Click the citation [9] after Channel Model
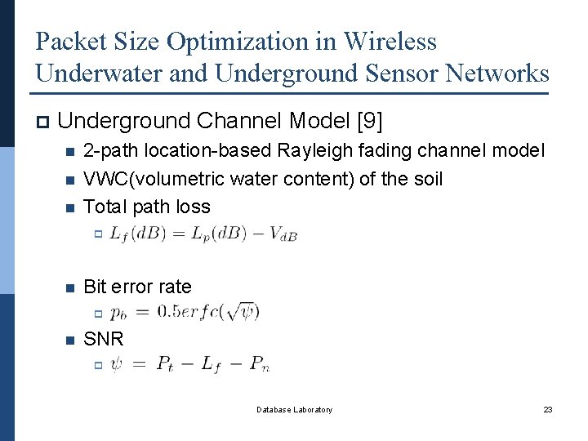click(x=368, y=122)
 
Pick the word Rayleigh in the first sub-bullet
click(x=308, y=151)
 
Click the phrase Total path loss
click(x=147, y=207)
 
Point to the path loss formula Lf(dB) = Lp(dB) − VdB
click(x=203, y=234)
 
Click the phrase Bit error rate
click(x=137, y=287)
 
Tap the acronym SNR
click(x=104, y=338)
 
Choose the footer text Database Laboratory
click(x=294, y=409)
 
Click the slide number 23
click(x=548, y=409)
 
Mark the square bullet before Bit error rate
click(x=69, y=287)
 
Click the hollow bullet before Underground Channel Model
click(x=42, y=123)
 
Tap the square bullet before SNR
click(x=69, y=339)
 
